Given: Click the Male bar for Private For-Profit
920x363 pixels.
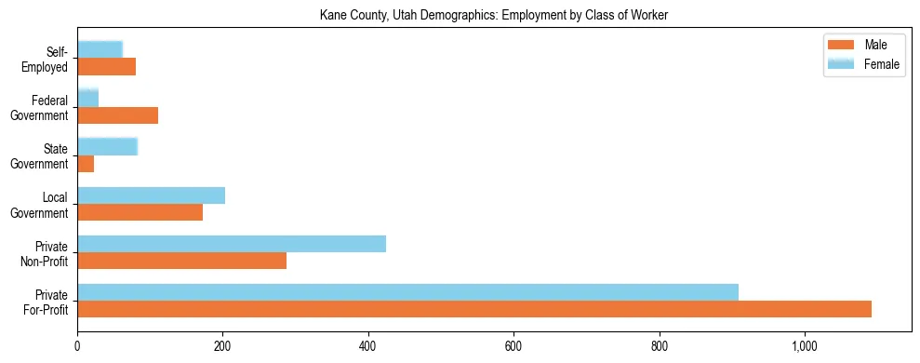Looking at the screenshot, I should pos(474,309).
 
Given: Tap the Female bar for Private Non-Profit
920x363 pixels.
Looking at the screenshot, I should pos(232,244).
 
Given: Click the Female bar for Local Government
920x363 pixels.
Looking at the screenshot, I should pos(151,195).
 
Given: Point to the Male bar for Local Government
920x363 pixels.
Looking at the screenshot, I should pos(140,212).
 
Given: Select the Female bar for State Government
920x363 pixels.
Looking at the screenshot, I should pos(107,146).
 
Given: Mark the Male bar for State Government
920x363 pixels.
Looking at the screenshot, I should pos(86,164).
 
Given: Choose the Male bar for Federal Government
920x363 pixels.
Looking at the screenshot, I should pos(117,115).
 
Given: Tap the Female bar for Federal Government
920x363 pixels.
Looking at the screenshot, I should pos(87,98).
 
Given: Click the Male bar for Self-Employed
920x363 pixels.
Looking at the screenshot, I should pos(106,67).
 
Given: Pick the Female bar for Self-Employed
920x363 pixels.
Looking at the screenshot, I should pos(100,49).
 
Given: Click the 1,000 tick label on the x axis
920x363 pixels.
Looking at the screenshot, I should pos(805,346).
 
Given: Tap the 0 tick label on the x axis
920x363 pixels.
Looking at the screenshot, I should pos(77,346).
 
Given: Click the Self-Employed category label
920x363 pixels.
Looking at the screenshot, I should pos(47,59).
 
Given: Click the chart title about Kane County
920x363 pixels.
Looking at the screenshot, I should pos(493,15).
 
